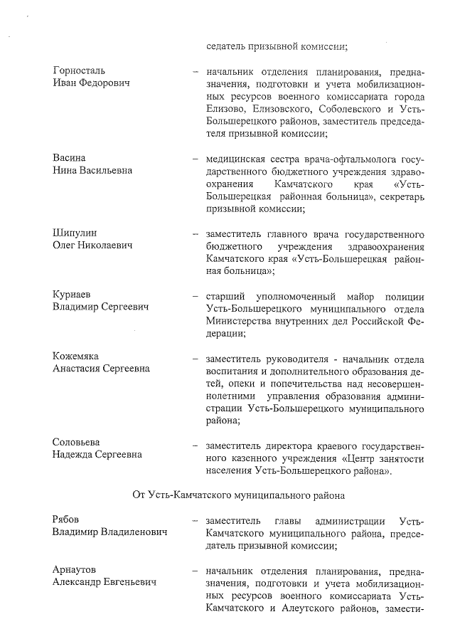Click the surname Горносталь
click(79, 71)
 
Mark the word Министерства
click(240, 321)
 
